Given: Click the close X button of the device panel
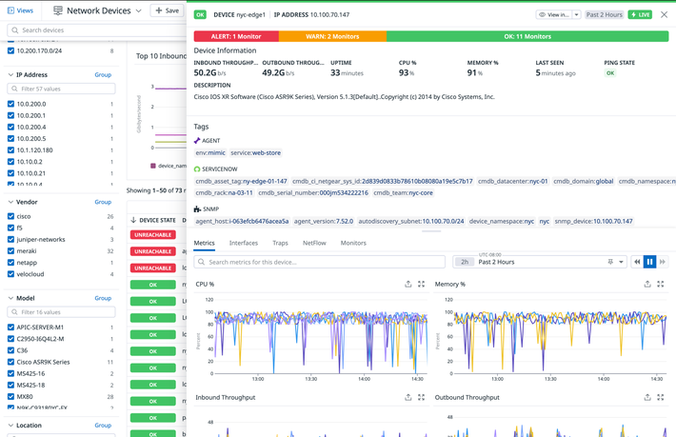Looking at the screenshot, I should [x=666, y=14].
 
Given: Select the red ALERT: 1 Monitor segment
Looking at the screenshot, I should [x=236, y=36].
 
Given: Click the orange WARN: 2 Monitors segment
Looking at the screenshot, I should [x=332, y=36].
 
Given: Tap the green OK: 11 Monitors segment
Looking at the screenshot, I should [x=527, y=36].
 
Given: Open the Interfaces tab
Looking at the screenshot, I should [x=244, y=244].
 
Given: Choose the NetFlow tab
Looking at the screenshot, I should [x=314, y=244].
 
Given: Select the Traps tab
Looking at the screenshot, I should [x=280, y=244].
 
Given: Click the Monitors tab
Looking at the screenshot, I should [x=353, y=244].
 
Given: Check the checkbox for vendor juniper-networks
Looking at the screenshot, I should [x=10, y=240].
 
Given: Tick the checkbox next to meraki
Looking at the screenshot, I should [x=10, y=251].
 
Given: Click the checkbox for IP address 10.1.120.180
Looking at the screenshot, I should [x=10, y=150].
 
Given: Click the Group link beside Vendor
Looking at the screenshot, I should [x=103, y=202].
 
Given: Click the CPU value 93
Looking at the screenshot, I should [x=405, y=72].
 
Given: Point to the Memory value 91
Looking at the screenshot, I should [x=473, y=72].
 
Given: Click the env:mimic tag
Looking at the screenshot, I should [x=210, y=152].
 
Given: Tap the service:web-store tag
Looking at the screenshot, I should [x=255, y=152].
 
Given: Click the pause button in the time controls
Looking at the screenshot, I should [x=649, y=262].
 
